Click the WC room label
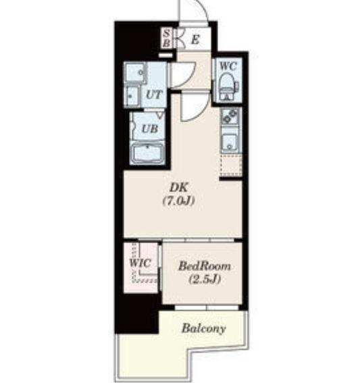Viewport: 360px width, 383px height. [228, 66]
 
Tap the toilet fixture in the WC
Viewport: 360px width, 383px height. [228, 86]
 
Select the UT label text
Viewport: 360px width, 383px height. [154, 95]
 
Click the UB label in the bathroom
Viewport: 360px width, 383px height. [150, 129]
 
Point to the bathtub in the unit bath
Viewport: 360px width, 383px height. [147, 153]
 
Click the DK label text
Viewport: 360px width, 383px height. [179, 188]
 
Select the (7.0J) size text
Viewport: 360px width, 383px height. [179, 201]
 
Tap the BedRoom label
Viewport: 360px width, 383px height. [205, 266]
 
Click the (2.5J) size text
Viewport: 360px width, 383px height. [205, 279]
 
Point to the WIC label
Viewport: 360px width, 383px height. [140, 263]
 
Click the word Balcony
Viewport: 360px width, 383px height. [203, 328]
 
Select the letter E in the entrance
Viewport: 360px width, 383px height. [195, 40]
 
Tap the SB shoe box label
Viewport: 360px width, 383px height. [166, 39]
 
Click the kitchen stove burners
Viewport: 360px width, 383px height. [230, 116]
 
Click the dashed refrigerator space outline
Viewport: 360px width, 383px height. [231, 165]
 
